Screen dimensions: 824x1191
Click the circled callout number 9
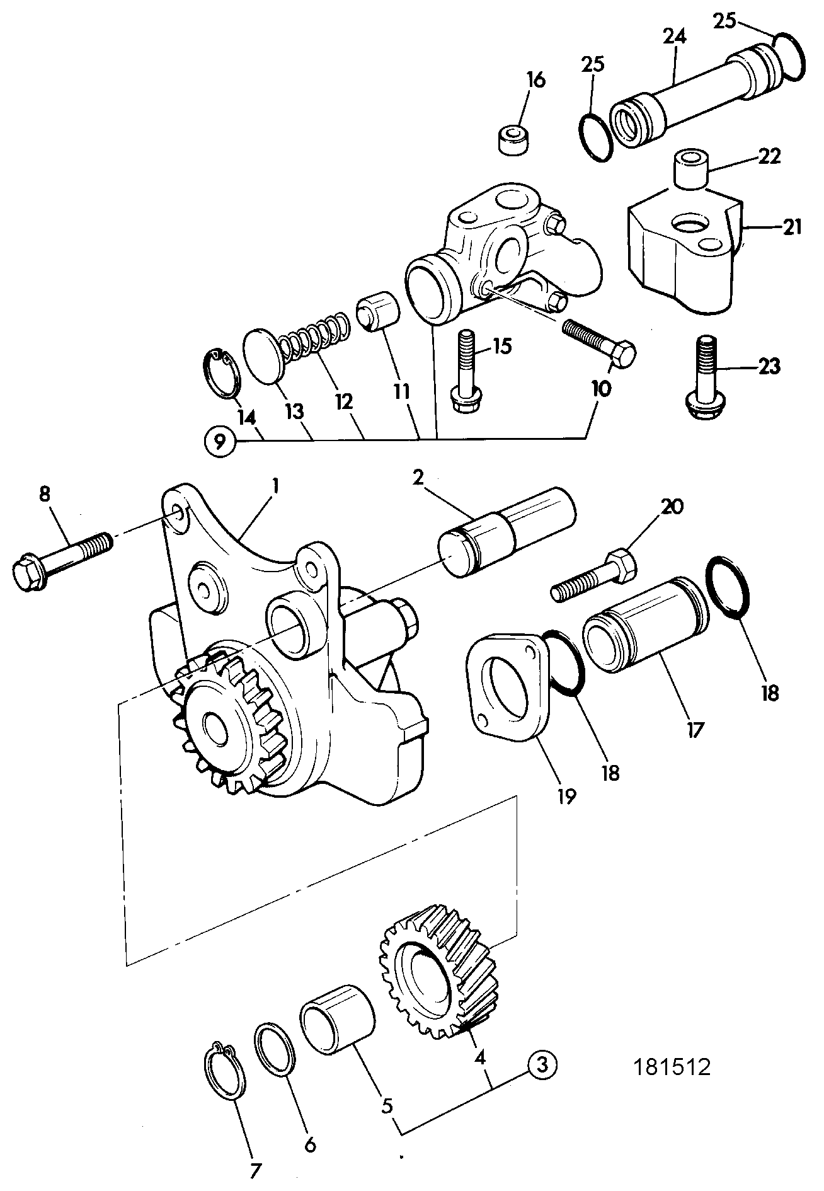coord(219,440)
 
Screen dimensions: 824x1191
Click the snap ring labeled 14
coord(222,373)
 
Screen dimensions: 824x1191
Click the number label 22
coord(769,157)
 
